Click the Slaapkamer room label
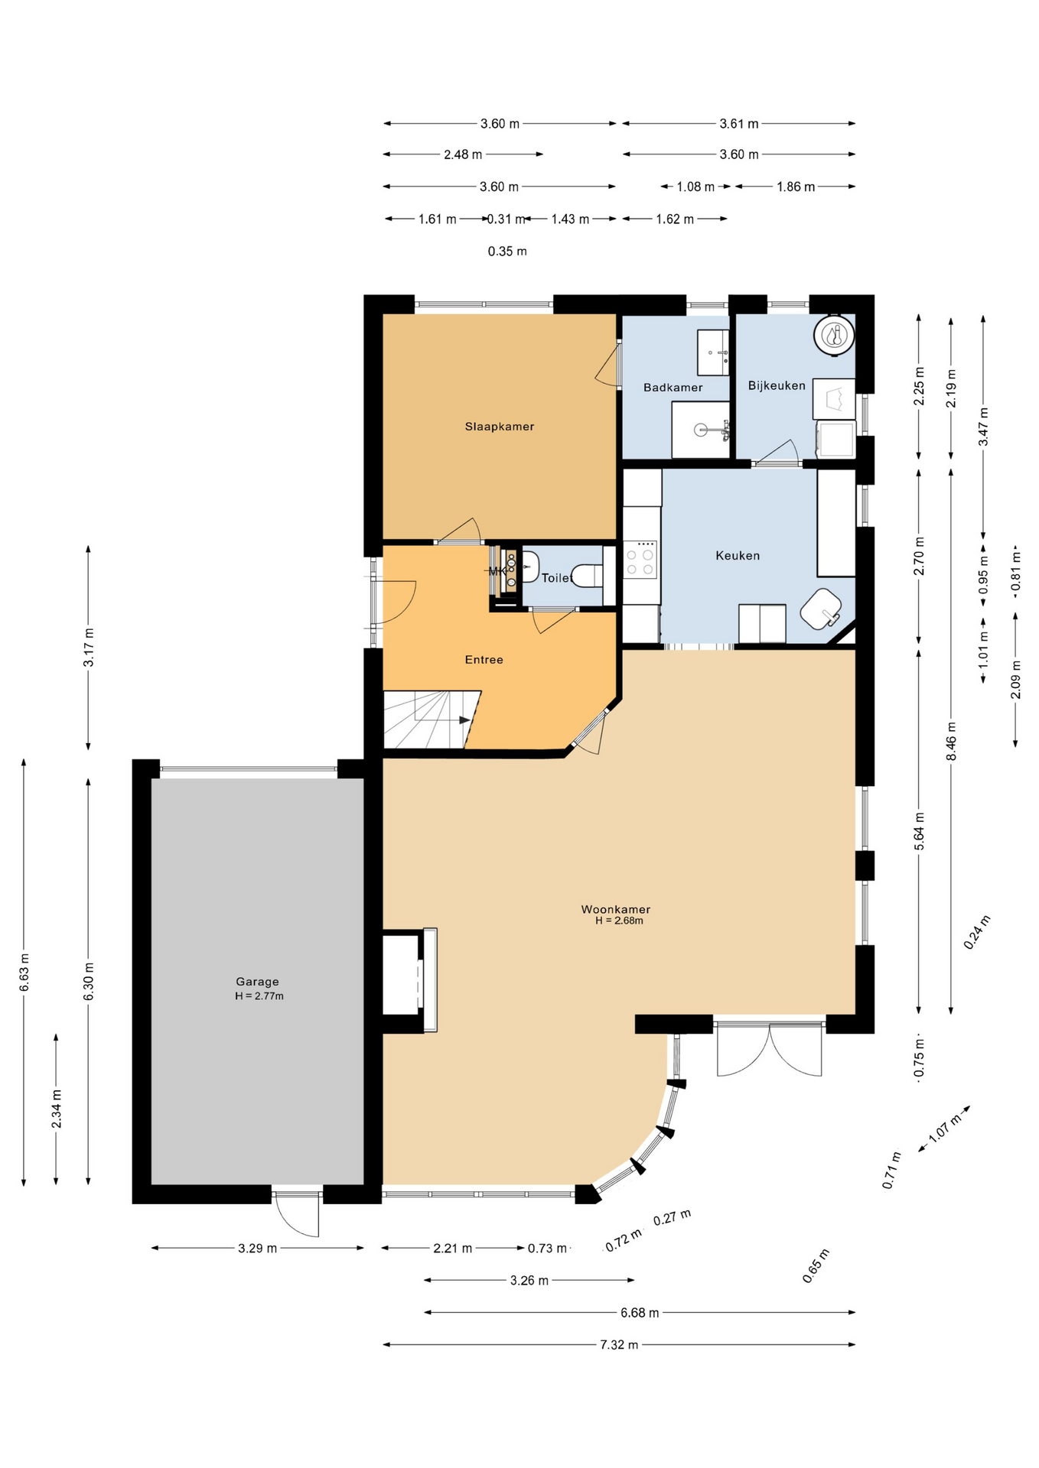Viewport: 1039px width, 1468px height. click(x=499, y=427)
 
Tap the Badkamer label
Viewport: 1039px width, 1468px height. click(x=673, y=388)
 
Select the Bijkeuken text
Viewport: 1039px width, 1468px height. click(x=776, y=385)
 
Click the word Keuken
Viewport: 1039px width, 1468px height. click(x=738, y=556)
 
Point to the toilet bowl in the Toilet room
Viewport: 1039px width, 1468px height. click(x=588, y=576)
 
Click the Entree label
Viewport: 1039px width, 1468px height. click(x=484, y=660)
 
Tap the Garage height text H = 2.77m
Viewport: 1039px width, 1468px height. click(x=259, y=996)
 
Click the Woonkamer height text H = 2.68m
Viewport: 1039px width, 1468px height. click(x=619, y=921)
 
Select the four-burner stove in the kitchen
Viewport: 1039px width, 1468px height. click(x=640, y=560)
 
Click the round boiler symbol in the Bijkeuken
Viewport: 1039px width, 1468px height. click(x=833, y=335)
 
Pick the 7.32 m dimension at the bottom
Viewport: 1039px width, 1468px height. click(x=618, y=1345)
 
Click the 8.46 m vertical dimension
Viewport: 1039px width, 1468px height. click(x=951, y=741)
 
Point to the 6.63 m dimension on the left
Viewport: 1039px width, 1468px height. click(x=24, y=973)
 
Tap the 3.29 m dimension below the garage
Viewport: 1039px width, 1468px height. click(x=257, y=1249)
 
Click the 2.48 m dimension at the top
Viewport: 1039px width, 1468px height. click(x=463, y=154)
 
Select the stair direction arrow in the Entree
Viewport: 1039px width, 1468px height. click(x=464, y=720)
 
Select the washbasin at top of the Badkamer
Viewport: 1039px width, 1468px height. click(x=713, y=352)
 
